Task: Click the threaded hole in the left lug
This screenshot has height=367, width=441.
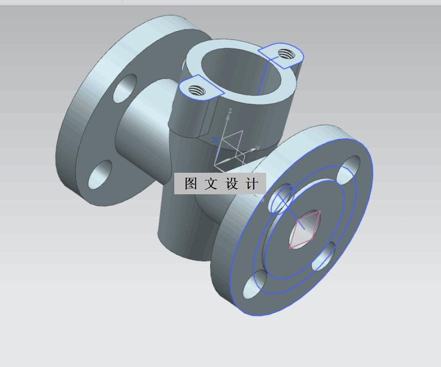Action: coord(197,89)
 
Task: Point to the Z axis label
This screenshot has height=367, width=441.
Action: coord(230,111)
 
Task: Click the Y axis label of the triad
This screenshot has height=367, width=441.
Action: coord(258,147)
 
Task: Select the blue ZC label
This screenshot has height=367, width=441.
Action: coord(215,140)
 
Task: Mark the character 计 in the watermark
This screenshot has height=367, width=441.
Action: coord(251,183)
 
